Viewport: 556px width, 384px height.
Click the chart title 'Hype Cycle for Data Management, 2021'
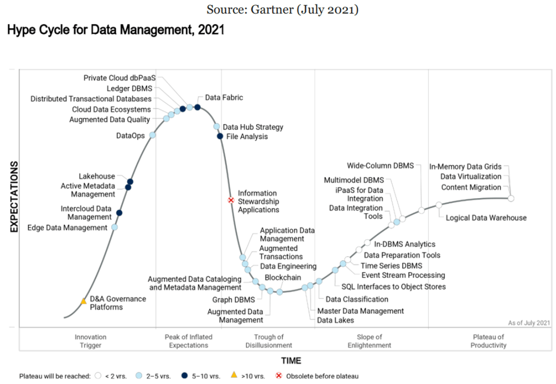click(115, 30)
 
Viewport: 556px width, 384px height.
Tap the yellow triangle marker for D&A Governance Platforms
click(84, 301)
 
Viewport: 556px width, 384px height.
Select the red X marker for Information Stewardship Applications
click(231, 200)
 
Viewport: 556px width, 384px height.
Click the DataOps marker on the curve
click(152, 135)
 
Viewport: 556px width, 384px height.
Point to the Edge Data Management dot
click(115, 227)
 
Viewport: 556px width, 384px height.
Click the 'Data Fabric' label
click(224, 97)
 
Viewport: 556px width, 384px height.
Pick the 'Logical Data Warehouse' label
click(486, 217)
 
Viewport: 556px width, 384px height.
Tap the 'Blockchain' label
click(282, 277)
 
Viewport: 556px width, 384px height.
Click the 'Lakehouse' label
click(97, 177)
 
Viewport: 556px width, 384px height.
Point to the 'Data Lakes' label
click(335, 320)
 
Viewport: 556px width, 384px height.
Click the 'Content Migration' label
click(471, 187)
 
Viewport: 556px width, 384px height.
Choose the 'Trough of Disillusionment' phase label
click(269, 341)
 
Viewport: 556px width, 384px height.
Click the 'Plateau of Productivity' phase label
click(489, 341)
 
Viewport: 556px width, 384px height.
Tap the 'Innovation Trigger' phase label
click(90, 341)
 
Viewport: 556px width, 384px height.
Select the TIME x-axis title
click(291, 361)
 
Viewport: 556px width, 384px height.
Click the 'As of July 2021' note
click(528, 323)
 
